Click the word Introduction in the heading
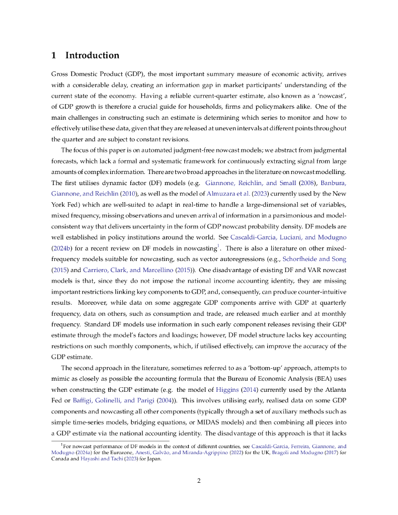pyautogui.click(x=92, y=55)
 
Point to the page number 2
pyautogui.click(x=199, y=480)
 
